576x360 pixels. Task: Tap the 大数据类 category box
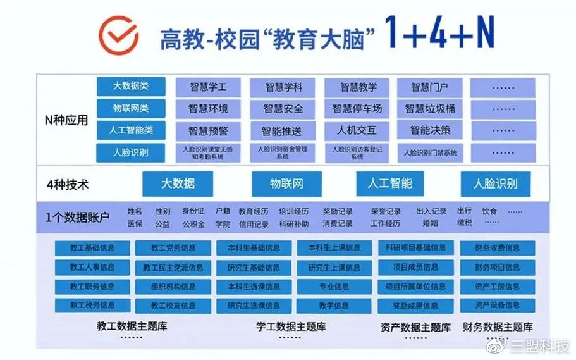(131, 86)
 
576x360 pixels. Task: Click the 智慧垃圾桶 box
(430, 108)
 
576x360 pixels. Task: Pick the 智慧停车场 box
(357, 109)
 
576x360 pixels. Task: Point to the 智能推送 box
(282, 131)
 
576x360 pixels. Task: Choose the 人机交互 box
(357, 131)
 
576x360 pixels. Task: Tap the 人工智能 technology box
(389, 183)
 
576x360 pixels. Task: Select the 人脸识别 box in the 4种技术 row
(495, 183)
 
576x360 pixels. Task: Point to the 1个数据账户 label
(78, 217)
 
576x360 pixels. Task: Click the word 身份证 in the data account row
(193, 211)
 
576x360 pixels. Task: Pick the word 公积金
(193, 224)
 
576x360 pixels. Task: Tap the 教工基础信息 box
(92, 248)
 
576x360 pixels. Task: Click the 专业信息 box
(334, 286)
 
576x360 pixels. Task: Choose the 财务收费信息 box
(497, 248)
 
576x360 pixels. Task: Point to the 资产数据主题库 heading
(415, 328)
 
